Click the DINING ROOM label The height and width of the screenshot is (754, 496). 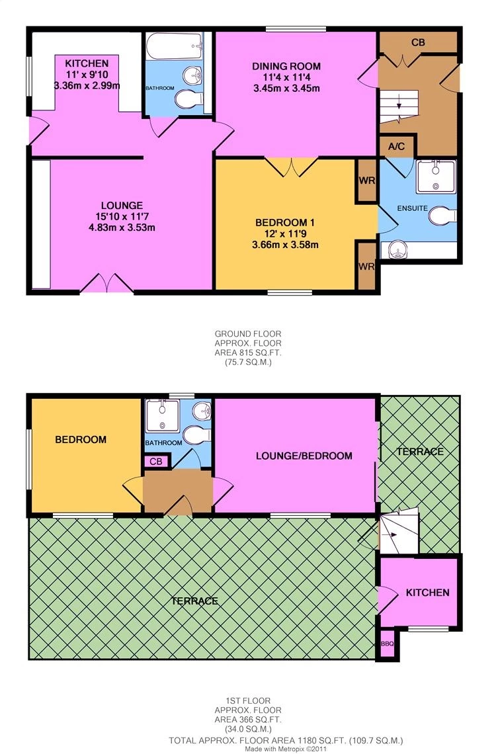(x=286, y=66)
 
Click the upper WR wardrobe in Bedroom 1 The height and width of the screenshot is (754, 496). (x=366, y=180)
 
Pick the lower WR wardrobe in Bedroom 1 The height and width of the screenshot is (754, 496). (x=366, y=266)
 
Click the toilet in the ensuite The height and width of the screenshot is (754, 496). (x=442, y=216)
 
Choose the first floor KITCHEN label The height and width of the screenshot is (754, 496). (x=427, y=593)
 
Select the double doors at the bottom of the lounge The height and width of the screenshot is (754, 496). (x=106, y=284)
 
